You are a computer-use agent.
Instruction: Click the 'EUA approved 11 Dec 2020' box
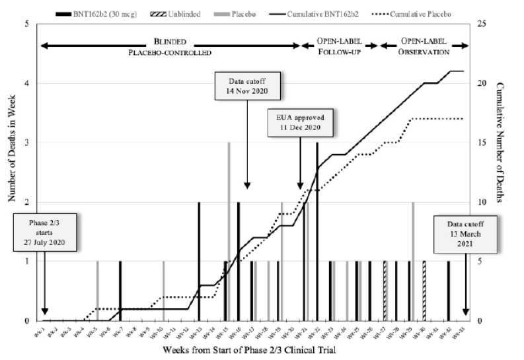(301, 123)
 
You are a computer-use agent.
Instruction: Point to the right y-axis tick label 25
(484, 24)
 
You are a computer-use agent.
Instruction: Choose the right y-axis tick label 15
(484, 143)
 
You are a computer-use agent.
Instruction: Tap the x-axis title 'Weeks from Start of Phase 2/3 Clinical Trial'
(253, 351)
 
